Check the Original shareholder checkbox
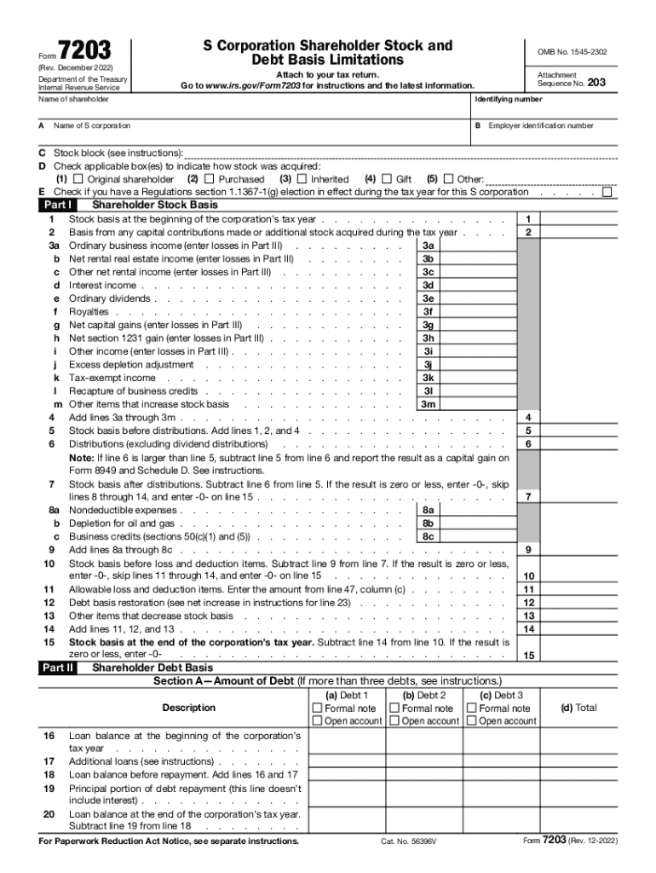(78, 180)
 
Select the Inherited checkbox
(302, 180)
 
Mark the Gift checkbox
(387, 180)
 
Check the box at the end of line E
(607, 192)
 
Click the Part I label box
(58, 205)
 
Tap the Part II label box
(58, 668)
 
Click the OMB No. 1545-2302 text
(572, 52)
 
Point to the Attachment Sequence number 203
(602, 84)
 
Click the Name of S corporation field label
(93, 125)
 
